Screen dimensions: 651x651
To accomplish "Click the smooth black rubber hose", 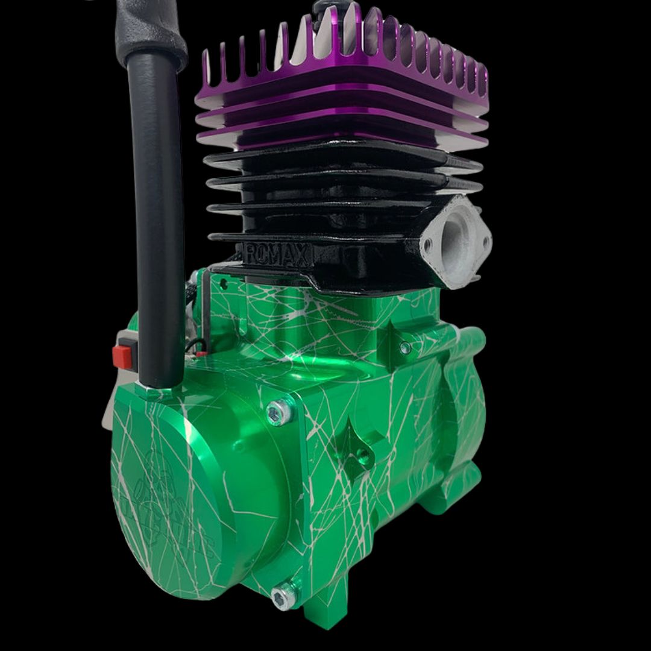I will click(158, 211).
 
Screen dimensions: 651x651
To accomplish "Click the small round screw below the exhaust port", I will click(405, 348).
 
